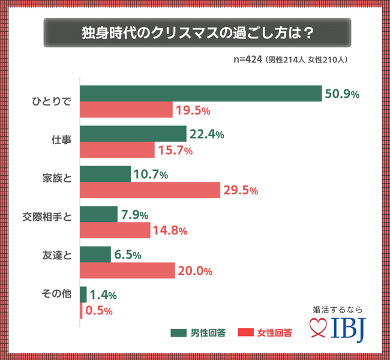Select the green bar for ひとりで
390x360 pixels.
[x=200, y=94]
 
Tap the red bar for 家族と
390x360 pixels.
[x=151, y=190]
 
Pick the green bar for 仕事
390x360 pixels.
[x=133, y=134]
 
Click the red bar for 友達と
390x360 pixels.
[x=128, y=271]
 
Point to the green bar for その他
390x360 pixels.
[x=83, y=295]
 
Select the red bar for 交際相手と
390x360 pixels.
[x=115, y=230]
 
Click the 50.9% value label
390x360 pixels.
[x=341, y=94]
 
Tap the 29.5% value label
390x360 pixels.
[x=241, y=191]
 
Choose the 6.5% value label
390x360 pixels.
[x=128, y=254]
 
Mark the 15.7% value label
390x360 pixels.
[x=175, y=150]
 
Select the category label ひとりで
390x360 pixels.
[x=51, y=102]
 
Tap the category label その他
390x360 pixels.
[x=57, y=295]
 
